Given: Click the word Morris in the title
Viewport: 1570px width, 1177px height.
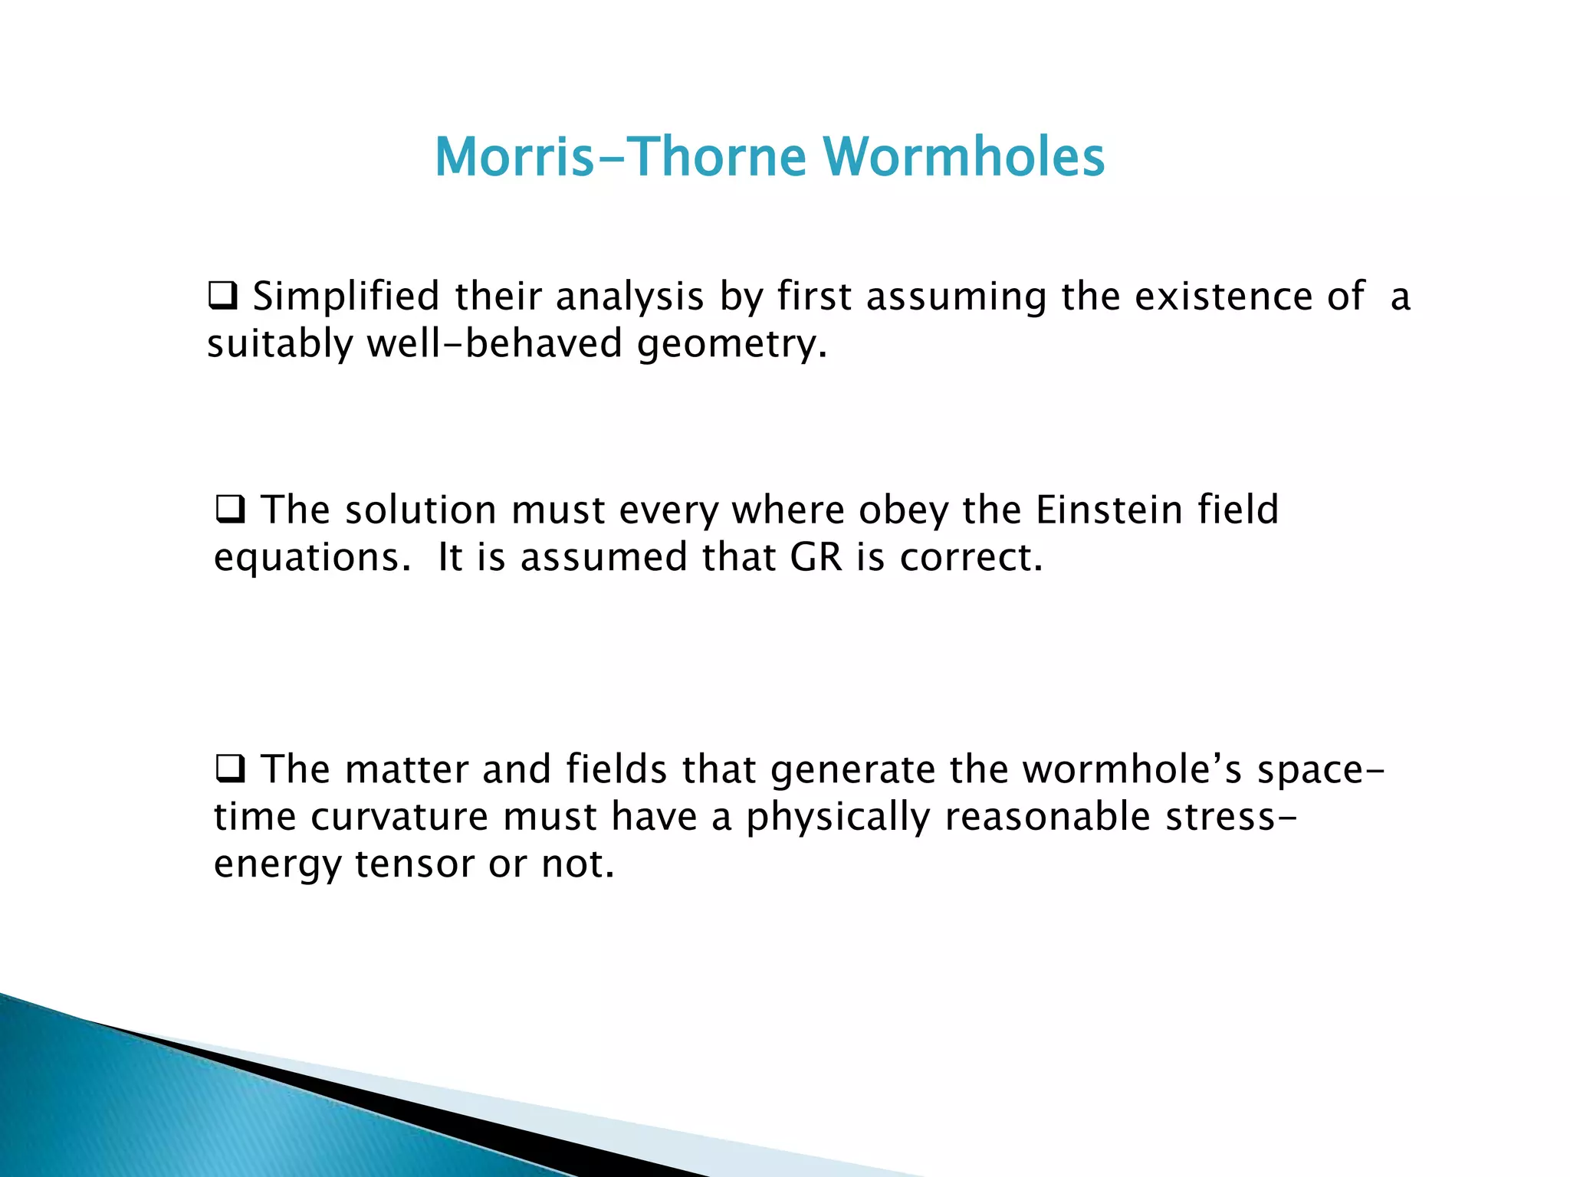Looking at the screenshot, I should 514,156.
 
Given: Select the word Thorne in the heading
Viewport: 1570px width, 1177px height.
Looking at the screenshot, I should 718,156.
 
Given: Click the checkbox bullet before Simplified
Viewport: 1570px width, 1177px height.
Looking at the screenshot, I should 223,295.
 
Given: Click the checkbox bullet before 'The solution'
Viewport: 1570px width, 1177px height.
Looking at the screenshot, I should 230,509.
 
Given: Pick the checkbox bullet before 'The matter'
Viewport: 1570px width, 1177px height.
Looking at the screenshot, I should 230,768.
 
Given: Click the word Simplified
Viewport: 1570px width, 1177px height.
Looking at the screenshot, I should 346,297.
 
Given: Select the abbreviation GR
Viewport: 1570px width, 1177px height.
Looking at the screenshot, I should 816,557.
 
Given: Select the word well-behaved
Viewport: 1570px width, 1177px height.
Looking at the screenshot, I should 494,343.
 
